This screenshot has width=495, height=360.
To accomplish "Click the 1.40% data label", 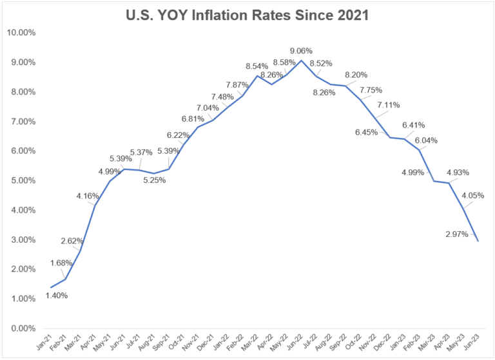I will pos(56,296).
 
